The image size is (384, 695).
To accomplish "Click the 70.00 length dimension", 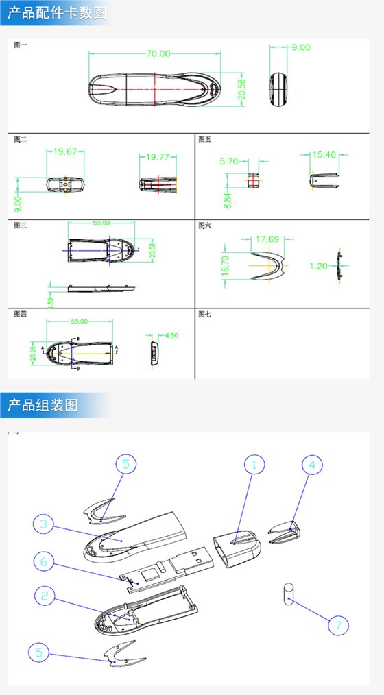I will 157,53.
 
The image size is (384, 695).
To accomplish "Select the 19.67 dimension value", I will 65,151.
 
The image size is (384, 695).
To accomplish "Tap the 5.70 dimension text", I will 229,162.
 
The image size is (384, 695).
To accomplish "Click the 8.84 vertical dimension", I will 227,199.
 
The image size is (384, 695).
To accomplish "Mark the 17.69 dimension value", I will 267,239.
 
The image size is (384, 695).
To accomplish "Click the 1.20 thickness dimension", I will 319,265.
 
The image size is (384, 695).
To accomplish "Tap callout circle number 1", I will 254,464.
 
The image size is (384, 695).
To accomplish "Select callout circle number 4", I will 312,464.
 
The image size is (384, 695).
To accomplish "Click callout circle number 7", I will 337,625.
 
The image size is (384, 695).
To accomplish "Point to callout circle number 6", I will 44,561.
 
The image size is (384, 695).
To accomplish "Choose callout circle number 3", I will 44,524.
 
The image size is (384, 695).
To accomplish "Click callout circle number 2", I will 45,596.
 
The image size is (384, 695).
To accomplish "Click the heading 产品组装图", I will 43,405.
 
